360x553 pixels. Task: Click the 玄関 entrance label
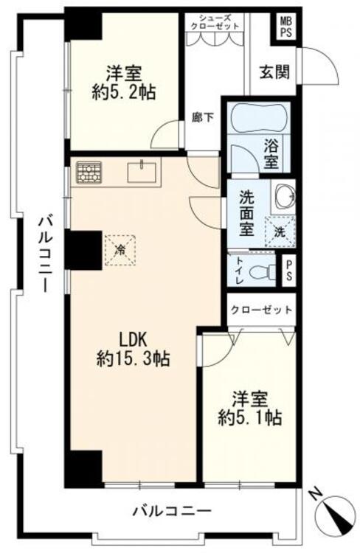pos(274,72)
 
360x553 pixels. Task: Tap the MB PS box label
pos(286,27)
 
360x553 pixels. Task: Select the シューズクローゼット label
pos(215,21)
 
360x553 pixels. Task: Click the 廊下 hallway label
pos(203,117)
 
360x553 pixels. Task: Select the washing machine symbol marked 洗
pos(280,232)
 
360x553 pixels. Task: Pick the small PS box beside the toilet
pos(288,271)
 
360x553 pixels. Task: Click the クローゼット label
pos(262,310)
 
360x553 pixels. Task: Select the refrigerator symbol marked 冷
pos(122,250)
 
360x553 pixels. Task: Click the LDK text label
pos(133,340)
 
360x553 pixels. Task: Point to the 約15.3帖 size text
pos(133,359)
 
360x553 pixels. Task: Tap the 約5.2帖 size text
pos(123,92)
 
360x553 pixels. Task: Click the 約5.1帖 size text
pos(249,418)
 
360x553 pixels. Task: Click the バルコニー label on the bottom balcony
pos(172,510)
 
